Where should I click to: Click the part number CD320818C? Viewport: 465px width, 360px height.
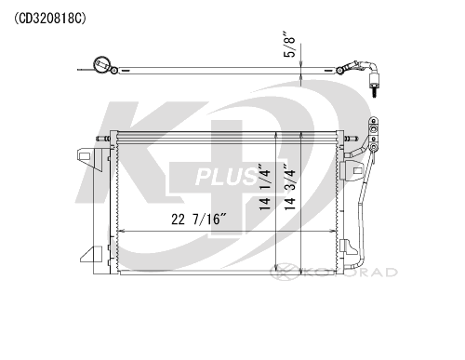pyautogui.click(x=49, y=19)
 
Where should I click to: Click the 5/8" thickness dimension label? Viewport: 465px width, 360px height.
pyautogui.click(x=289, y=44)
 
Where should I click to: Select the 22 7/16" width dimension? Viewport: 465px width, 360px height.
pyautogui.click(x=199, y=220)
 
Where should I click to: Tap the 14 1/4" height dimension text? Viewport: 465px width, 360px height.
pyautogui.click(x=264, y=187)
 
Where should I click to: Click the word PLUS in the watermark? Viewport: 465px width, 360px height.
pyautogui.click(x=227, y=177)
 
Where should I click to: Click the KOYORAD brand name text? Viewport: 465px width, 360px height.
pyautogui.click(x=350, y=273)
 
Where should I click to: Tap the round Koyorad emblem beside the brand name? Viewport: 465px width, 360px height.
pyautogui.click(x=285, y=272)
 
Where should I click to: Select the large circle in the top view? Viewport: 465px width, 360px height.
pyautogui.click(x=102, y=64)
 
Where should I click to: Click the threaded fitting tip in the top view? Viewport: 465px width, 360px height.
pyautogui.click(x=375, y=92)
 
